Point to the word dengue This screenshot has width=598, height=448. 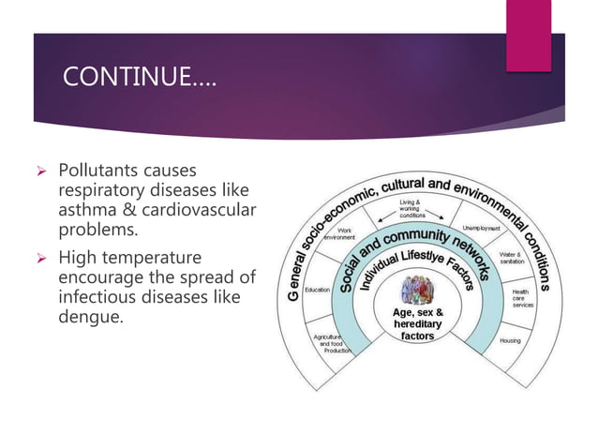pyautogui.click(x=89, y=316)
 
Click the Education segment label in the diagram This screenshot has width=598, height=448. pyautogui.click(x=317, y=290)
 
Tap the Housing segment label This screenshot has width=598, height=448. pyautogui.click(x=510, y=340)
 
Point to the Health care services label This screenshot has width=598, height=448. pyautogui.click(x=520, y=299)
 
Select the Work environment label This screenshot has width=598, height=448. pyautogui.click(x=339, y=233)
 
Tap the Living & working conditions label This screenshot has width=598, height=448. pyautogui.click(x=411, y=208)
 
